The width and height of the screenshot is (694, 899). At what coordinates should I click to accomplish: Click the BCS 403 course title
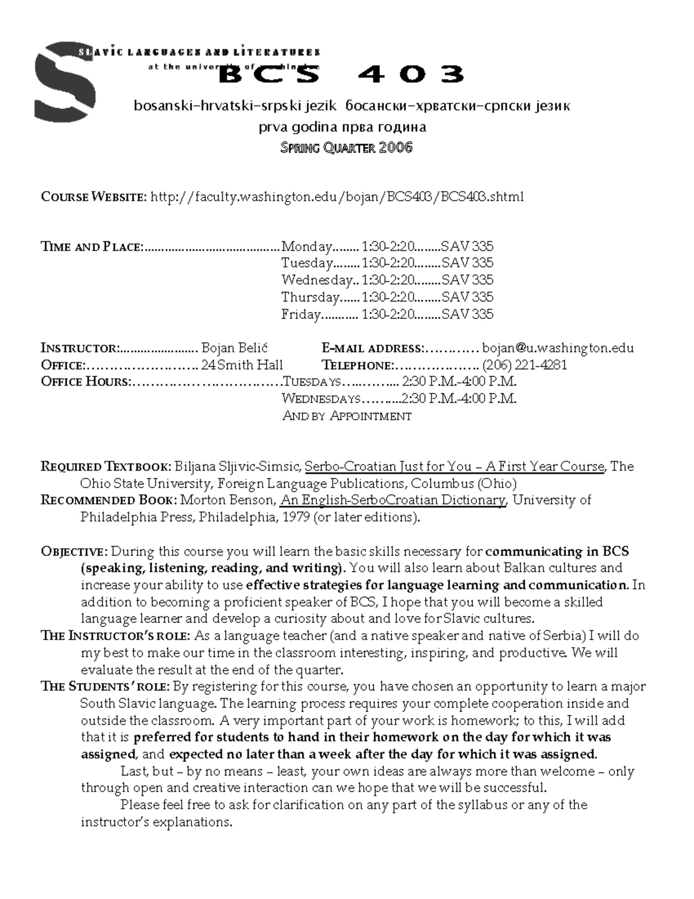(341, 74)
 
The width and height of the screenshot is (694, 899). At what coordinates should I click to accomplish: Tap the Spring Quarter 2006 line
(346, 148)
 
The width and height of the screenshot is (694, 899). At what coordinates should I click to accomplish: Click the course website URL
(337, 197)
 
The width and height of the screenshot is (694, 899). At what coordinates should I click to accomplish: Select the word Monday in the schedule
(307, 247)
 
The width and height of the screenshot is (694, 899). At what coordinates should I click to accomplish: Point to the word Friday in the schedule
(301, 314)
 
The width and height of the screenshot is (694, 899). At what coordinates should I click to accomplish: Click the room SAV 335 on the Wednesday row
(467, 280)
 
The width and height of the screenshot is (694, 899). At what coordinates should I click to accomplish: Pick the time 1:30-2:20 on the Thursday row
(387, 298)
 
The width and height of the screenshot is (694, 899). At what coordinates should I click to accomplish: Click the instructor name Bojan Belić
(234, 348)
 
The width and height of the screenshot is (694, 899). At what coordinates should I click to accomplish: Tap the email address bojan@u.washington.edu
(558, 348)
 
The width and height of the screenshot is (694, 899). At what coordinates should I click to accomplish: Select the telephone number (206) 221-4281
(524, 365)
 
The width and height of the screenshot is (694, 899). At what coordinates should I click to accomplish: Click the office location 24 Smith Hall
(242, 365)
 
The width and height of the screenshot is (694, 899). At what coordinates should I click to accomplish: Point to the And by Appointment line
(346, 416)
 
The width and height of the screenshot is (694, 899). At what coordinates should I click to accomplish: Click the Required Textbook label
(106, 467)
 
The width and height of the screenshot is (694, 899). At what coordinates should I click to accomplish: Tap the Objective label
(73, 552)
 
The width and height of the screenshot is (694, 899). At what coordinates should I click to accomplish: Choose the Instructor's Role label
(115, 636)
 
